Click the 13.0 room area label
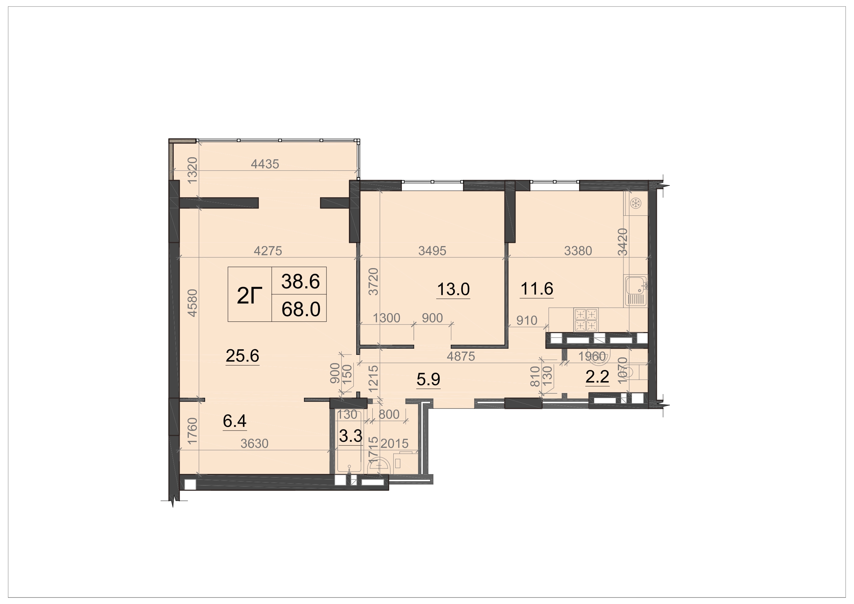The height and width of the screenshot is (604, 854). [453, 289]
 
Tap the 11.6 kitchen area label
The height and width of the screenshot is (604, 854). [537, 288]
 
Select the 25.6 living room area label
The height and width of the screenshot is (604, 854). [243, 356]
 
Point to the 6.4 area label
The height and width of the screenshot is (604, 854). [235, 421]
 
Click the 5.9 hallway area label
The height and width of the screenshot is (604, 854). [428, 379]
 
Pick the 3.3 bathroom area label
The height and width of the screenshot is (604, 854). [351, 436]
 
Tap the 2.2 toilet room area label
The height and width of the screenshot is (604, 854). [597, 377]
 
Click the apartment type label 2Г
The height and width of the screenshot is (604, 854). [249, 296]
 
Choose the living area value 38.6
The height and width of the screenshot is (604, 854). [300, 281]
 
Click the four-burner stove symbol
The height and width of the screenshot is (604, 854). [586, 320]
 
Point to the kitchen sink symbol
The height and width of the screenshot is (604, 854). [636, 291]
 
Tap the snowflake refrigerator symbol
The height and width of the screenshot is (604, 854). [636, 203]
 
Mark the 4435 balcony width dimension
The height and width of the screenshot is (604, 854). [265, 164]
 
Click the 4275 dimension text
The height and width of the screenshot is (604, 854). [268, 251]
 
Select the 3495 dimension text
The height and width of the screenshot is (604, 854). [432, 251]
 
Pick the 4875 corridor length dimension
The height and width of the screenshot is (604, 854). [461, 357]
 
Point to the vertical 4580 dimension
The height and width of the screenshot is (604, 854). [192, 303]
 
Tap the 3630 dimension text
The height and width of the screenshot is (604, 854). [254, 444]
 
